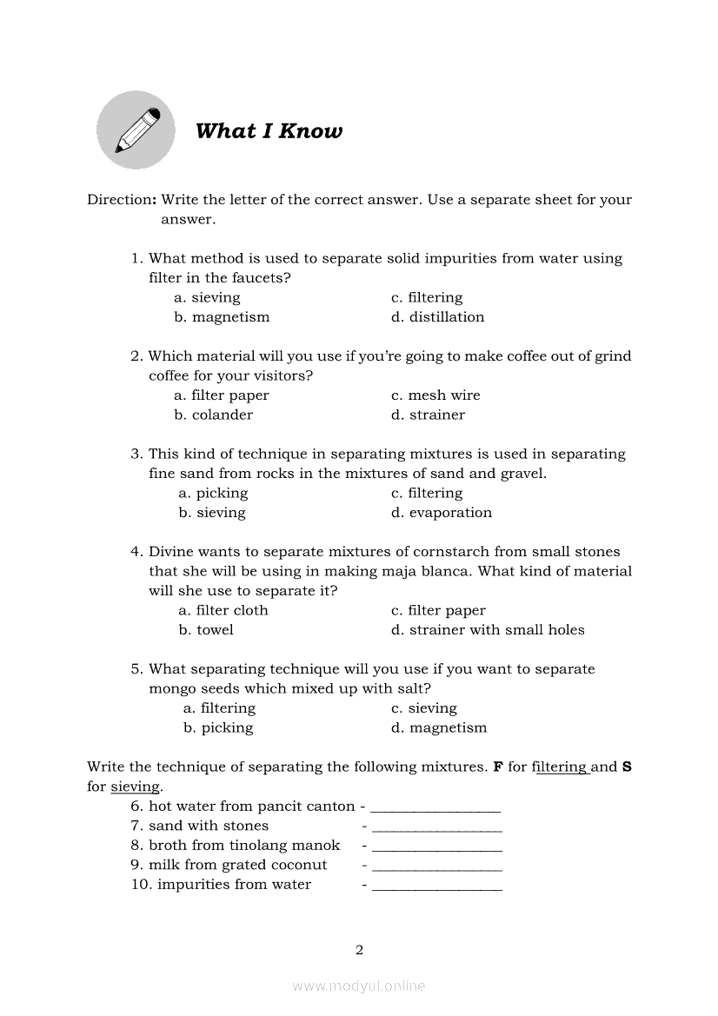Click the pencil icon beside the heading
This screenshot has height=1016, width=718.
point(136,130)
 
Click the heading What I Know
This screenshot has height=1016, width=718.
point(269,131)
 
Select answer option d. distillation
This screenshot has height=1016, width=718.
point(437,317)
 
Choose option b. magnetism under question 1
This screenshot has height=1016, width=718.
point(222,317)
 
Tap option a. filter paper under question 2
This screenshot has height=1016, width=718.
point(222,395)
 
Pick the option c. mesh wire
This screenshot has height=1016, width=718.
point(435,395)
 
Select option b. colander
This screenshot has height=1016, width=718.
point(214,415)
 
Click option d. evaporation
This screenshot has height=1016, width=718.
point(442,513)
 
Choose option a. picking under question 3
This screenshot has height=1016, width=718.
point(213,494)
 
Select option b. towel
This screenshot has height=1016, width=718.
point(206,630)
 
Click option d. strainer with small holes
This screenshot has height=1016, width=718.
point(488,630)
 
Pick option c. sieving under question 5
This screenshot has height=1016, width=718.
point(423,708)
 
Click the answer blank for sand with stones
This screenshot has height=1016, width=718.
point(436,827)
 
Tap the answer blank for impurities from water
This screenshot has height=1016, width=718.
point(436,886)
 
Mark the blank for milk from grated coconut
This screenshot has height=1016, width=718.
point(436,866)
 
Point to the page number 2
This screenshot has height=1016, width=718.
point(359,950)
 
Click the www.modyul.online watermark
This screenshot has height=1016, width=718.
point(359,986)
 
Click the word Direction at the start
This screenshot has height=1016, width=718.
point(119,200)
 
